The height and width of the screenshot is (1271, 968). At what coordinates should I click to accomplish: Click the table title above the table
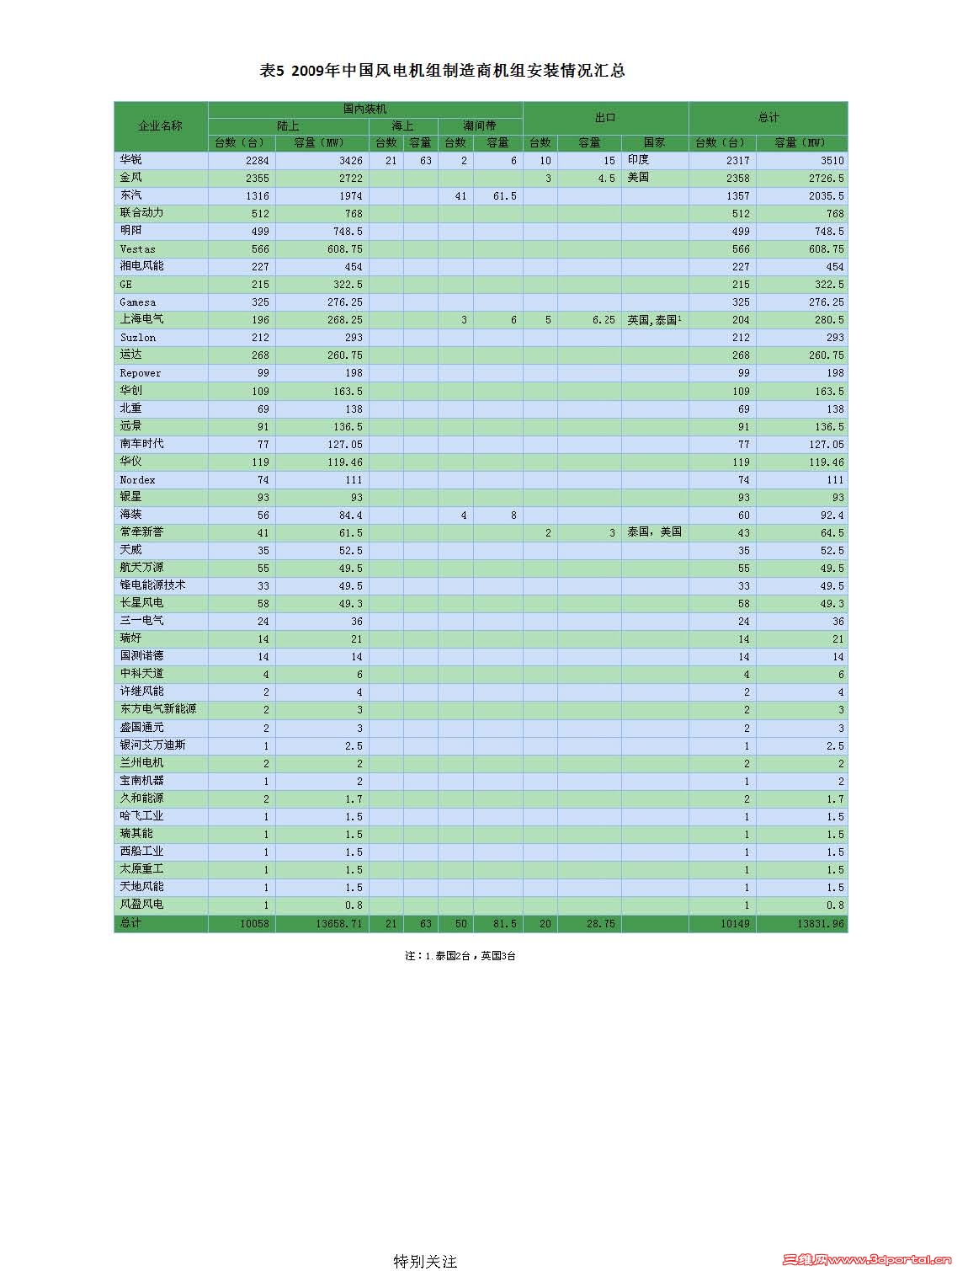point(443,72)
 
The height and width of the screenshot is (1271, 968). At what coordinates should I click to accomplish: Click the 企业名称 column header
point(160,125)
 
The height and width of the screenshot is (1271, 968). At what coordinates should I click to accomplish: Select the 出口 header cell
point(605,118)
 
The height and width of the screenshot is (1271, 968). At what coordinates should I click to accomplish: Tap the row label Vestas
point(137,249)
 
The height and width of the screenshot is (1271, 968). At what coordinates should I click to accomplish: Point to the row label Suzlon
point(137,338)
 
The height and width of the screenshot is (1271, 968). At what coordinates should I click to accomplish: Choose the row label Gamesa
point(137,302)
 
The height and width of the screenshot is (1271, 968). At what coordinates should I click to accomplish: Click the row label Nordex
point(137,480)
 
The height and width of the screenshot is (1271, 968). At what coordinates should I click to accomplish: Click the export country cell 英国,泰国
point(653,320)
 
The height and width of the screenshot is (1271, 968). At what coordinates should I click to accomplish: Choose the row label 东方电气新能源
point(158,709)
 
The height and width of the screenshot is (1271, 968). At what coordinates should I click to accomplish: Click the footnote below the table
point(460,956)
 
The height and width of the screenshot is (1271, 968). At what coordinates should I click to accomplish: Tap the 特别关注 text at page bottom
point(425,1261)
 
